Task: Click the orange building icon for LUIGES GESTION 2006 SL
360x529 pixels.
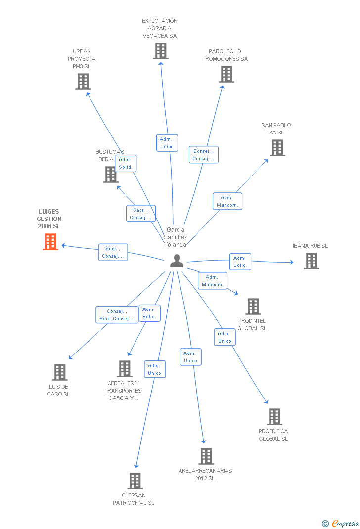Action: coord(50,242)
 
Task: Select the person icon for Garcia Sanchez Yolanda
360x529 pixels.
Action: coord(177,261)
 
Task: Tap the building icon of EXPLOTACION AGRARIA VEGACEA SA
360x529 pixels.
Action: coord(160,51)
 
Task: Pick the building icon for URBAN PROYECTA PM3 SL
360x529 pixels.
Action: coord(83,82)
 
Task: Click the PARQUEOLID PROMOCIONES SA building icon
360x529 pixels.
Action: coord(226,74)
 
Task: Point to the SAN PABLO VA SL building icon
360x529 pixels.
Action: coord(277,148)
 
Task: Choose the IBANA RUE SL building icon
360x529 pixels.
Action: coord(311,261)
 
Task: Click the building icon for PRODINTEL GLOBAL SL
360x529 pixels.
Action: coord(253,307)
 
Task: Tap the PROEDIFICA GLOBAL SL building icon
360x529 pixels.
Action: coord(274,417)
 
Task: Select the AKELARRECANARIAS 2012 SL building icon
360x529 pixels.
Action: coord(206,456)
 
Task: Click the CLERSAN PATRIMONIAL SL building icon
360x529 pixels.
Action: coord(135,481)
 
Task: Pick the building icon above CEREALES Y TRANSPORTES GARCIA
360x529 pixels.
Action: coord(125,369)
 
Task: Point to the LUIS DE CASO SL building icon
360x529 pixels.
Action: coord(59,372)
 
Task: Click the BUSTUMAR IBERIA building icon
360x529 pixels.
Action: coord(110,175)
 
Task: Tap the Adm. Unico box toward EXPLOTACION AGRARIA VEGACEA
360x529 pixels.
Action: coord(167,143)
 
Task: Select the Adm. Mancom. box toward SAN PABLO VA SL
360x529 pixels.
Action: coord(227,201)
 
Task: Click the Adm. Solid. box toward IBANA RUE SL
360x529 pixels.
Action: coord(240,262)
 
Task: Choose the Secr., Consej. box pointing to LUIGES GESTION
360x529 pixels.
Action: coord(113,252)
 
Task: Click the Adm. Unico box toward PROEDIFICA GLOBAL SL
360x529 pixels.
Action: coord(225,337)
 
